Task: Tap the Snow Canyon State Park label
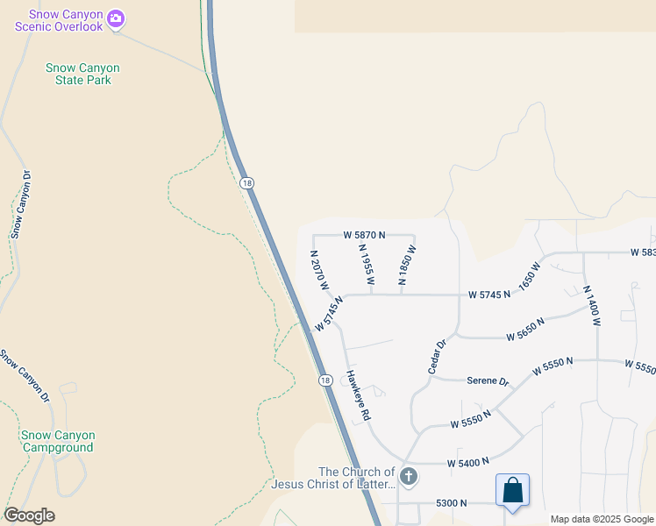coord(82,75)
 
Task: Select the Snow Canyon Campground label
coord(58,441)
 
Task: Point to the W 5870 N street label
coord(365,236)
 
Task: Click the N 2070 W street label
coord(319,270)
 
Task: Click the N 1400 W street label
coord(592,305)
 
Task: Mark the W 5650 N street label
coord(525,329)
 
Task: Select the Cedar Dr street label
coord(438,357)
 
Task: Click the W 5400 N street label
coord(467,462)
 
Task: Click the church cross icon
coord(408,477)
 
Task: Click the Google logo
coord(29,515)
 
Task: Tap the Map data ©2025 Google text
coord(602,520)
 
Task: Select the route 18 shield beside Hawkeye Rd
coord(325,380)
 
